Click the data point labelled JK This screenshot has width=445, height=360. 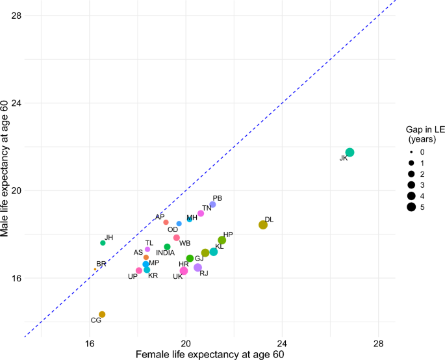[350, 152]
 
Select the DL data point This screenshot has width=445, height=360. [263, 225]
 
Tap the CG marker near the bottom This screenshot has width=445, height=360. [102, 315]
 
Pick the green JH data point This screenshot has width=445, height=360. [103, 243]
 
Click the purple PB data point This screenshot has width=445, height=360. [212, 205]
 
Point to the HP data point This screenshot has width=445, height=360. [222, 240]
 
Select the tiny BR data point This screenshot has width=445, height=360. [95, 269]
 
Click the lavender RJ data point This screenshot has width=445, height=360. [198, 268]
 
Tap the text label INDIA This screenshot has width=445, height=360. [165, 253]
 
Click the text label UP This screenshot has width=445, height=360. [133, 277]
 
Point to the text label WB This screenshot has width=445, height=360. [185, 243]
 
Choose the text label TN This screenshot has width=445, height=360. [207, 208]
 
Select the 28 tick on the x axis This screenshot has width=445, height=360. [378, 343]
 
